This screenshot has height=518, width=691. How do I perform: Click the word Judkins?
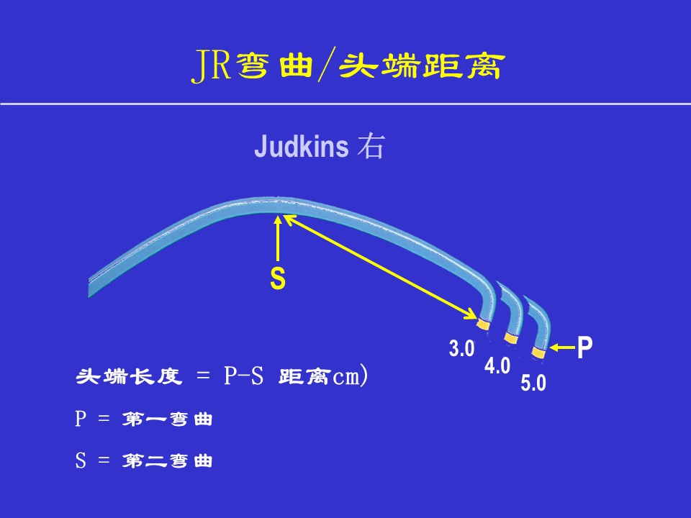coord(302,146)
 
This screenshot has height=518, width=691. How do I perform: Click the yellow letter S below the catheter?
coord(278,278)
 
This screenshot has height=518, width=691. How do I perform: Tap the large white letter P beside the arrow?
coord(584,347)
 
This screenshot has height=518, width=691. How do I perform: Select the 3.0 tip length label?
coord(461,348)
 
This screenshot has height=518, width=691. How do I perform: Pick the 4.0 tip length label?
coord(497,365)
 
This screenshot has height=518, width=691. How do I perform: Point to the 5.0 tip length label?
coord(533,383)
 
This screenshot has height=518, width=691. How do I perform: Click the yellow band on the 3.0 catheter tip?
coord(483,324)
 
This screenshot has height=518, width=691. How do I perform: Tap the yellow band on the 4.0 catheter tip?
coord(511,338)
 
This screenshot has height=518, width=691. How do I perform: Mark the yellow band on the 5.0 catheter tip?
coord(538,353)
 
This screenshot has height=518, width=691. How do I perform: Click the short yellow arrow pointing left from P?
coord(563,348)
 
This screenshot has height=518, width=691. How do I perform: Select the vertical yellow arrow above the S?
coord(278,239)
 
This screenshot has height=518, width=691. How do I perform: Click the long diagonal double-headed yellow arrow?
coord(379,266)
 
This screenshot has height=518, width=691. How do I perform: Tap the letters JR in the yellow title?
coord(212,66)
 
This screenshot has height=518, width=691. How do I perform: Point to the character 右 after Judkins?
coord(371,146)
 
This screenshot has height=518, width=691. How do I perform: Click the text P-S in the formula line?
coord(244,376)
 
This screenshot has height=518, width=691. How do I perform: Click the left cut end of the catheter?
coord(89,288)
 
